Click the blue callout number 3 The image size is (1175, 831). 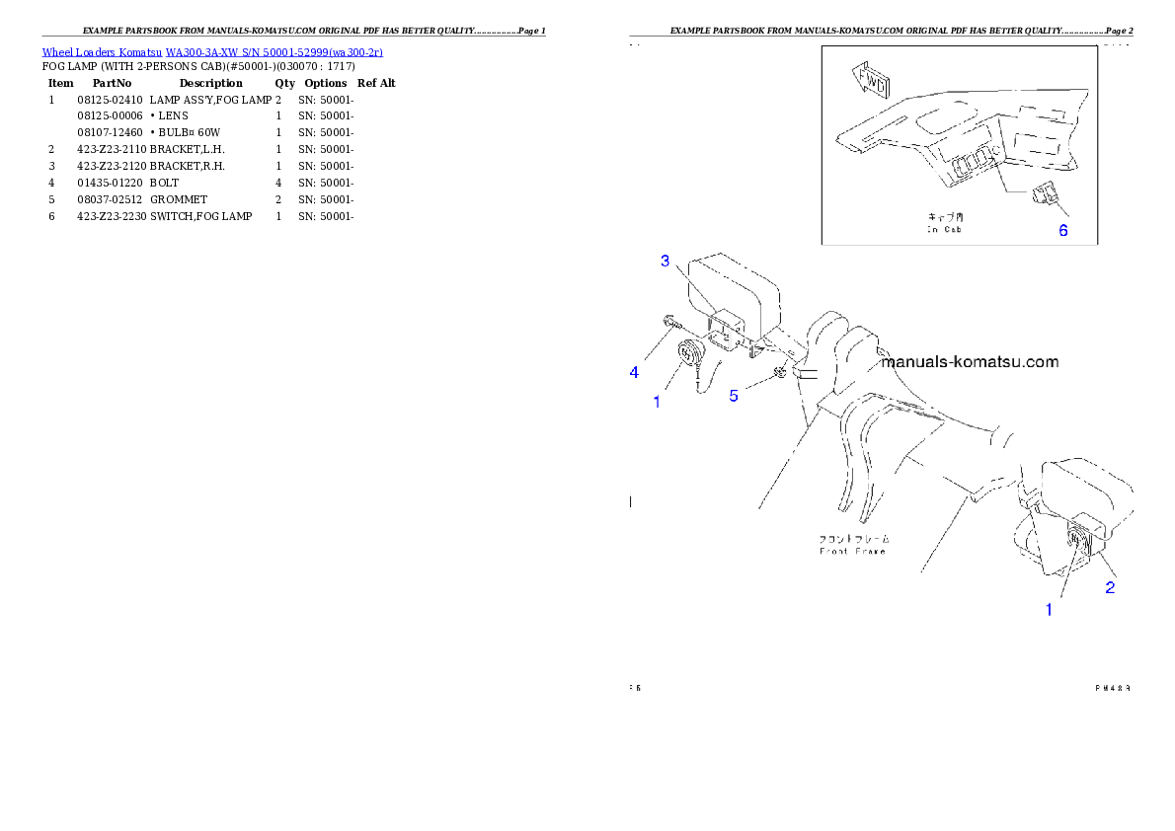[x=666, y=261]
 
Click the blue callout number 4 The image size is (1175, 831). [x=635, y=372]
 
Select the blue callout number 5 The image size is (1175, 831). [x=734, y=396]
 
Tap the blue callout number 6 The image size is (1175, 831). [x=1063, y=231]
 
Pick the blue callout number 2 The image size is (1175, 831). [x=1110, y=587]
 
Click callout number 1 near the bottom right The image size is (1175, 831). [x=1050, y=610]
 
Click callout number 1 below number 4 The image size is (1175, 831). [x=657, y=402]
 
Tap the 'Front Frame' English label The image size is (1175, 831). [x=854, y=551]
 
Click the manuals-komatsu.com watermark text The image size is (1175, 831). [x=969, y=361]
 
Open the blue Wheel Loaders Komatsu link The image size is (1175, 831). [x=212, y=51]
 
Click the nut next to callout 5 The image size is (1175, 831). [x=780, y=372]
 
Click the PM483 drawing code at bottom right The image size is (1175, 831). [x=1112, y=687]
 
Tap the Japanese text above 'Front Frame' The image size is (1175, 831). [x=854, y=539]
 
